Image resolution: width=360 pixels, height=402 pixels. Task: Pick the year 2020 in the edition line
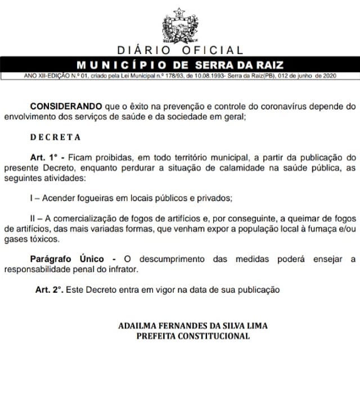point(329,75)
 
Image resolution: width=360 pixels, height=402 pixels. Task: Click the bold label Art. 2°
point(44,290)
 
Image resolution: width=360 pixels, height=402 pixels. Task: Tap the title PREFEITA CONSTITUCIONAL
point(193,336)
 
